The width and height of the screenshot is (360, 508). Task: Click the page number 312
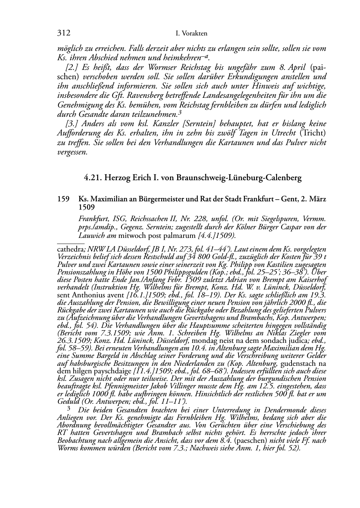point(63,33)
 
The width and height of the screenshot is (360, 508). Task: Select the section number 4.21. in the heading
point(93,178)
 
